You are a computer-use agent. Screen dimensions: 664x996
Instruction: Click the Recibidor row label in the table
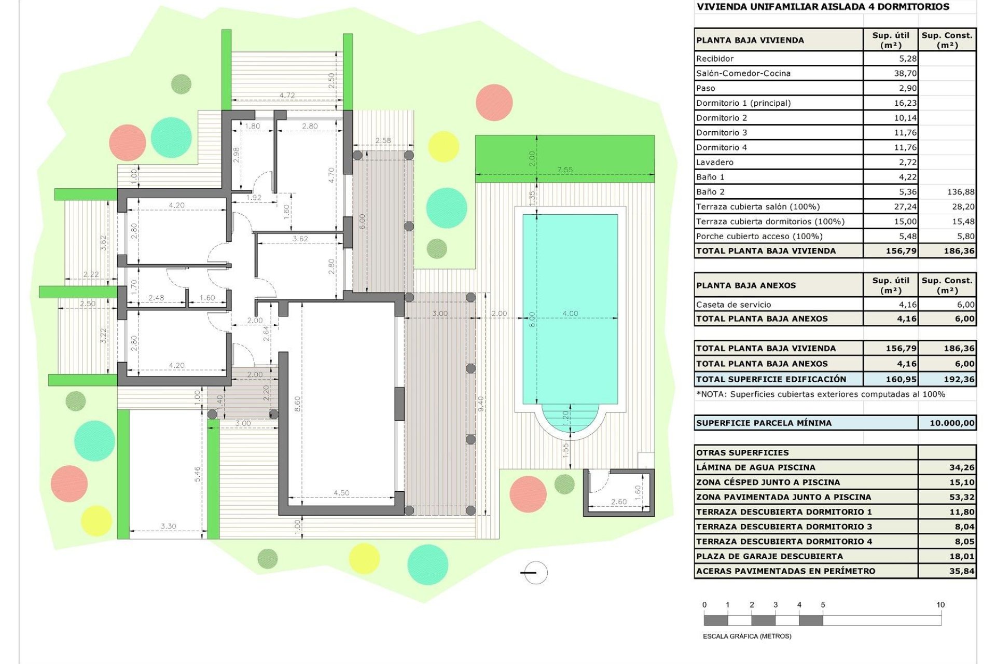(715, 59)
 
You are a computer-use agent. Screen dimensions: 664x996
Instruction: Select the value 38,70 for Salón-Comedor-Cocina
(905, 74)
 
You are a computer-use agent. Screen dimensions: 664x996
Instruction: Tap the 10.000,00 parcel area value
(951, 423)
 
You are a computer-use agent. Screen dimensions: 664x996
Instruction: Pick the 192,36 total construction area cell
(959, 379)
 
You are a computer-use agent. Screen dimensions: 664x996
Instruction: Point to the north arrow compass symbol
(535, 573)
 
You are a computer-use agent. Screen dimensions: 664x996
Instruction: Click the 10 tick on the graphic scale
(940, 605)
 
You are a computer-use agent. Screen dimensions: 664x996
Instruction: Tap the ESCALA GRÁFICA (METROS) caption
(746, 636)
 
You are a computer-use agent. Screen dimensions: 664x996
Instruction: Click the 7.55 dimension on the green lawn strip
(564, 170)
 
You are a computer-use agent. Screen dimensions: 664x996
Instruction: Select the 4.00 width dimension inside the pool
(570, 313)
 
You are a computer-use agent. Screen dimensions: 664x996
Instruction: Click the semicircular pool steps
(570, 418)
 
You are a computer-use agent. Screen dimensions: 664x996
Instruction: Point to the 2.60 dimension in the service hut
(618, 502)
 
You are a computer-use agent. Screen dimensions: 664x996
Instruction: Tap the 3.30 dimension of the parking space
(168, 526)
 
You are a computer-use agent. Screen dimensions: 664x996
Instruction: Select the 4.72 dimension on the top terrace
(287, 95)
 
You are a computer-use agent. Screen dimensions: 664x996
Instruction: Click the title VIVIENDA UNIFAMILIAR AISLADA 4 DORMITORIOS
(823, 7)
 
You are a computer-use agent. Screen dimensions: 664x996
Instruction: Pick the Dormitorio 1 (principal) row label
(743, 103)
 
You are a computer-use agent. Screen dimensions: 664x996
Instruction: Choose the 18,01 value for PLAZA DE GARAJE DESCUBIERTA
(961, 556)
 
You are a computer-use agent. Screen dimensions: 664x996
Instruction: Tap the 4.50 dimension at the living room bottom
(341, 493)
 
